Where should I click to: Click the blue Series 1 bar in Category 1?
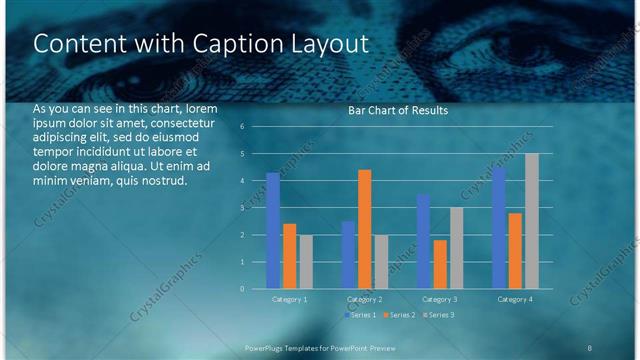[x=273, y=231]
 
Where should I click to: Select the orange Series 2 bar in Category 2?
[x=364, y=229]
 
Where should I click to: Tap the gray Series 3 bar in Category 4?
[x=532, y=221]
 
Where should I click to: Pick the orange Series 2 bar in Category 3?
[x=440, y=264]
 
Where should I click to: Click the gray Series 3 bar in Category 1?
[x=306, y=262]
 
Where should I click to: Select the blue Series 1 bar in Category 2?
[x=348, y=255]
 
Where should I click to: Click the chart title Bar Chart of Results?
[x=397, y=111]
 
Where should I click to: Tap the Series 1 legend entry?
[x=360, y=315]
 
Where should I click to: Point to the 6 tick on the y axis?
[x=242, y=127]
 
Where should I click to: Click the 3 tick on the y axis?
[x=242, y=208]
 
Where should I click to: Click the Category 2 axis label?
[x=364, y=299]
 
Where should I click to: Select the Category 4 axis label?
[x=514, y=299]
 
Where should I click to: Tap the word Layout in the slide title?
[x=329, y=44]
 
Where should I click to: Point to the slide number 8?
[x=589, y=346]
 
